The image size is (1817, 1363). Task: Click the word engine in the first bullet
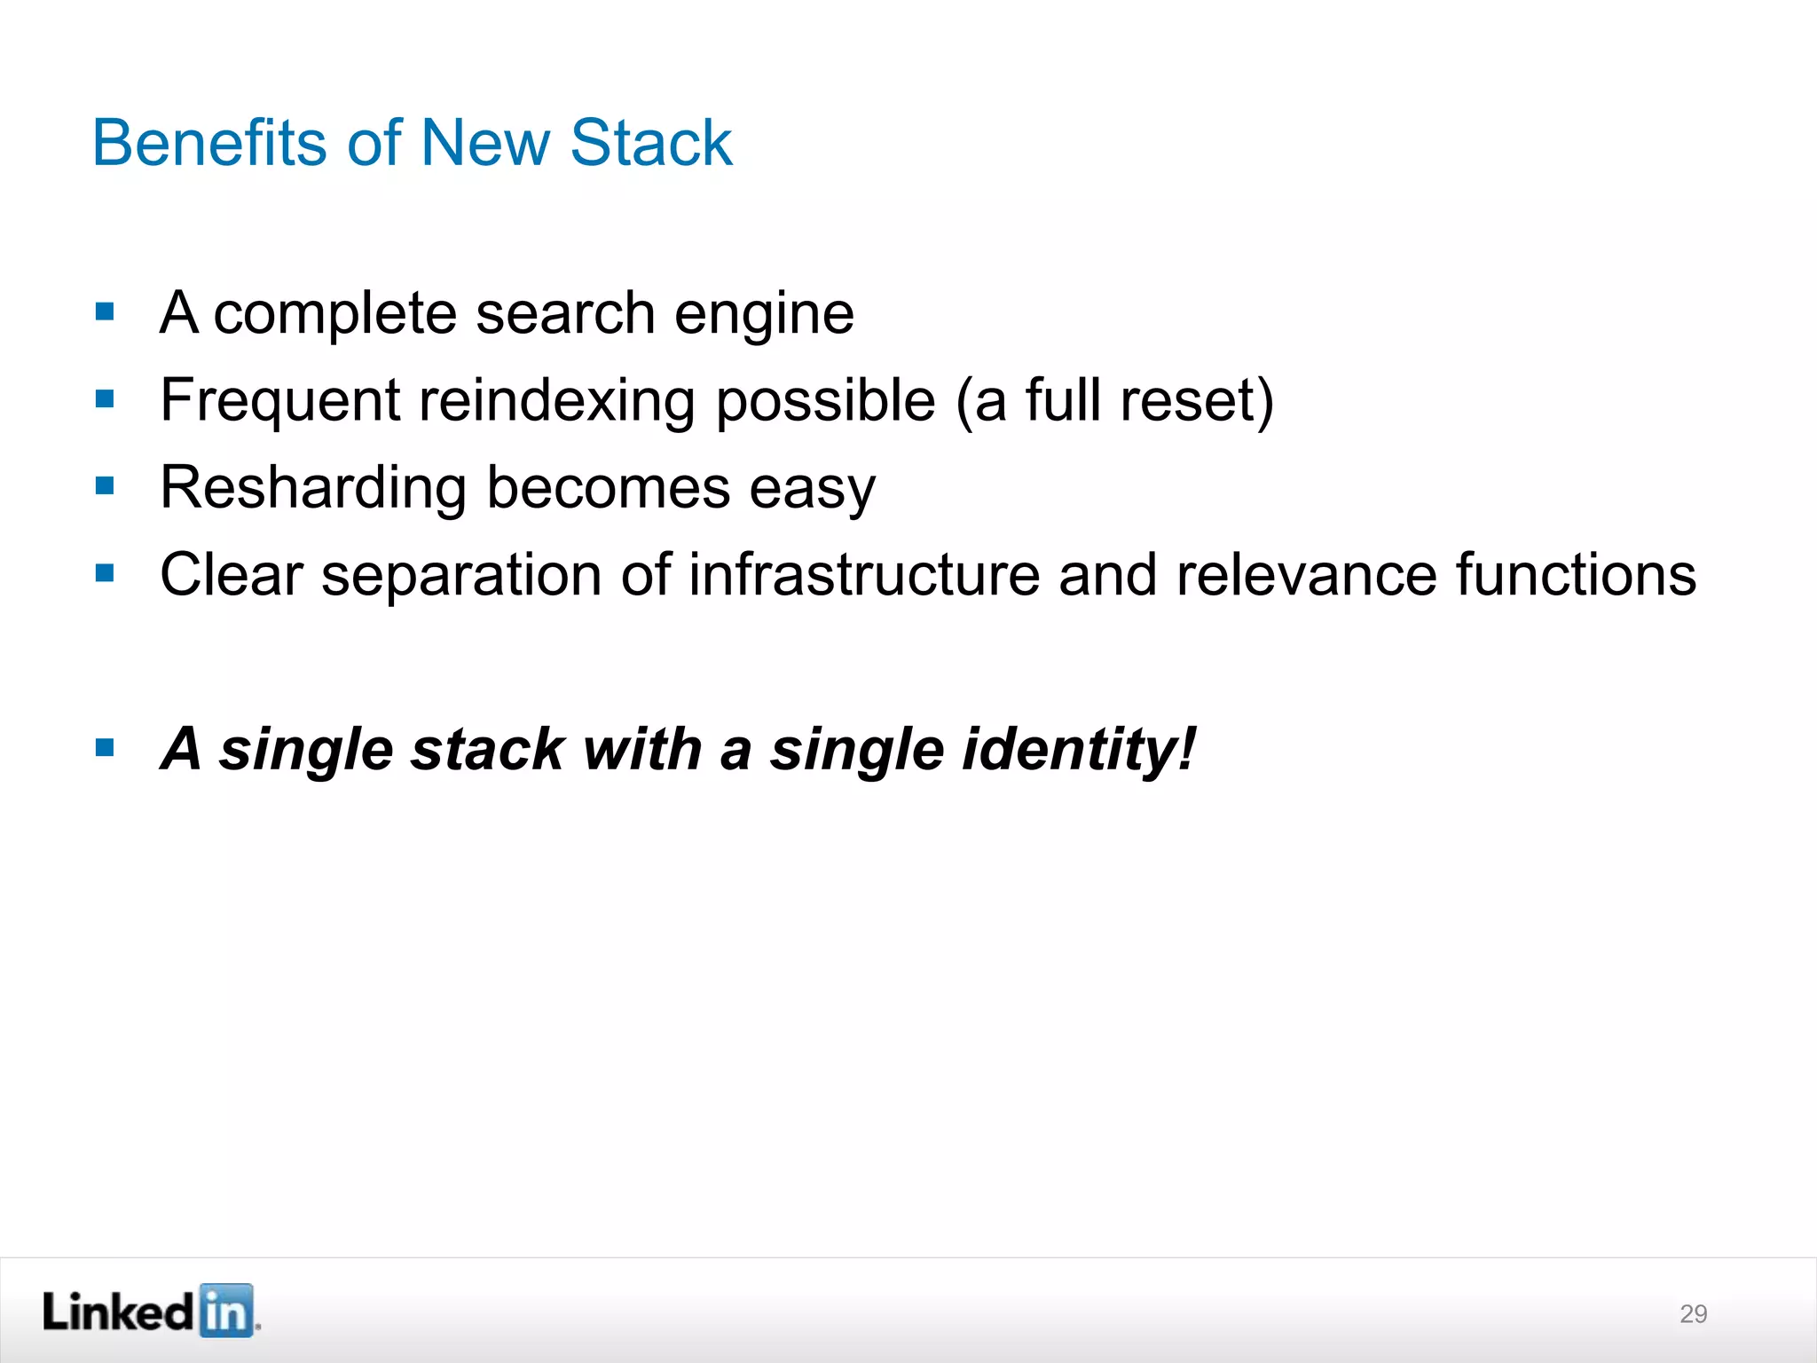click(764, 315)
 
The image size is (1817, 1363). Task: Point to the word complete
click(335, 315)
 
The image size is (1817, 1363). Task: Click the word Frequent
click(280, 401)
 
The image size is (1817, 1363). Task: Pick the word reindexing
click(557, 401)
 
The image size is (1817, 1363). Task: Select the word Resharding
click(313, 488)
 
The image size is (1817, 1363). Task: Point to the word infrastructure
click(864, 574)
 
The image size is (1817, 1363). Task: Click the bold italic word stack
click(488, 750)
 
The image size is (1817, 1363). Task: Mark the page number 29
click(1693, 1313)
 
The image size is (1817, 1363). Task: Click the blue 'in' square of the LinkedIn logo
click(227, 1311)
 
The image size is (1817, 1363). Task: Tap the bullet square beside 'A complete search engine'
click(105, 311)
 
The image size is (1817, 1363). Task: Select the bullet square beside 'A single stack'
click(105, 748)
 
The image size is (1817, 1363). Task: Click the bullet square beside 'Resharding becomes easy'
click(105, 486)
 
